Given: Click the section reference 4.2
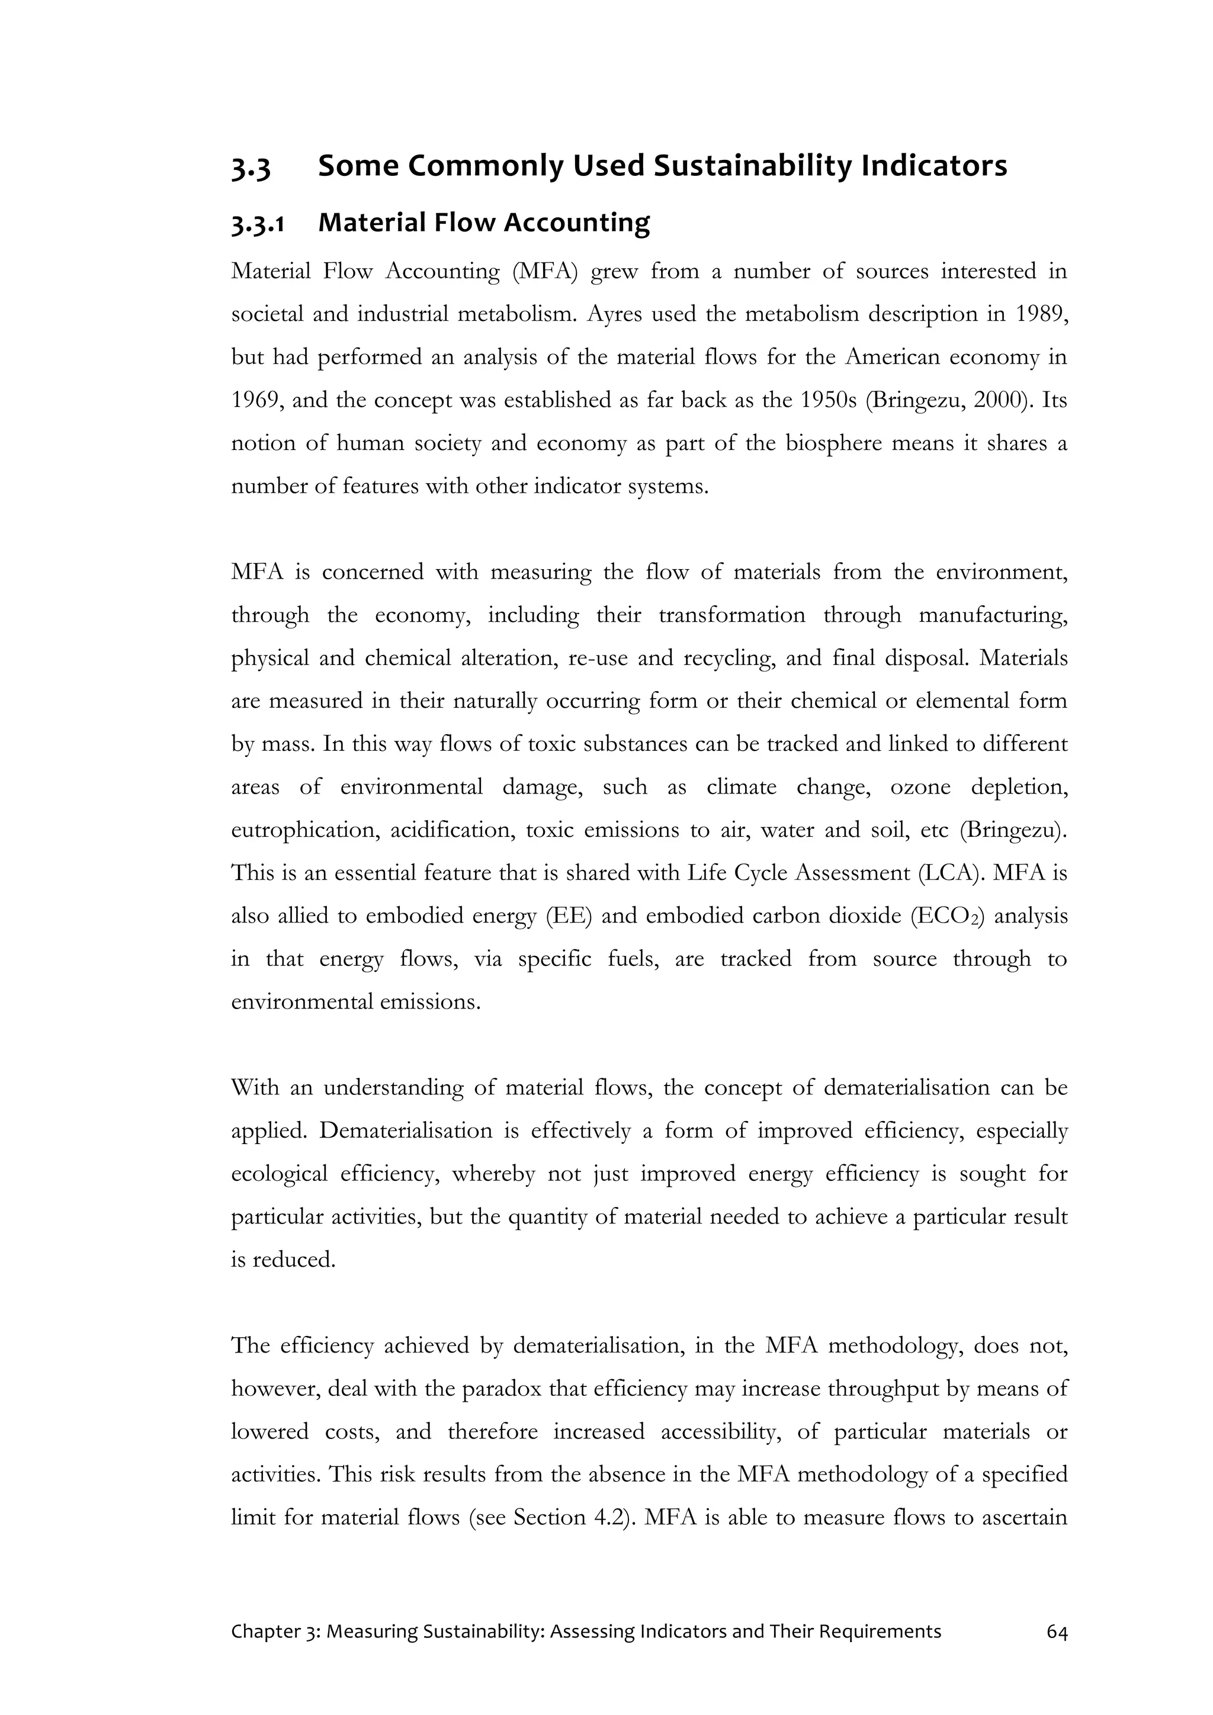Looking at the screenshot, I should (607, 1518).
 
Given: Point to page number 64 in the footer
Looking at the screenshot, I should (1057, 1633).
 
